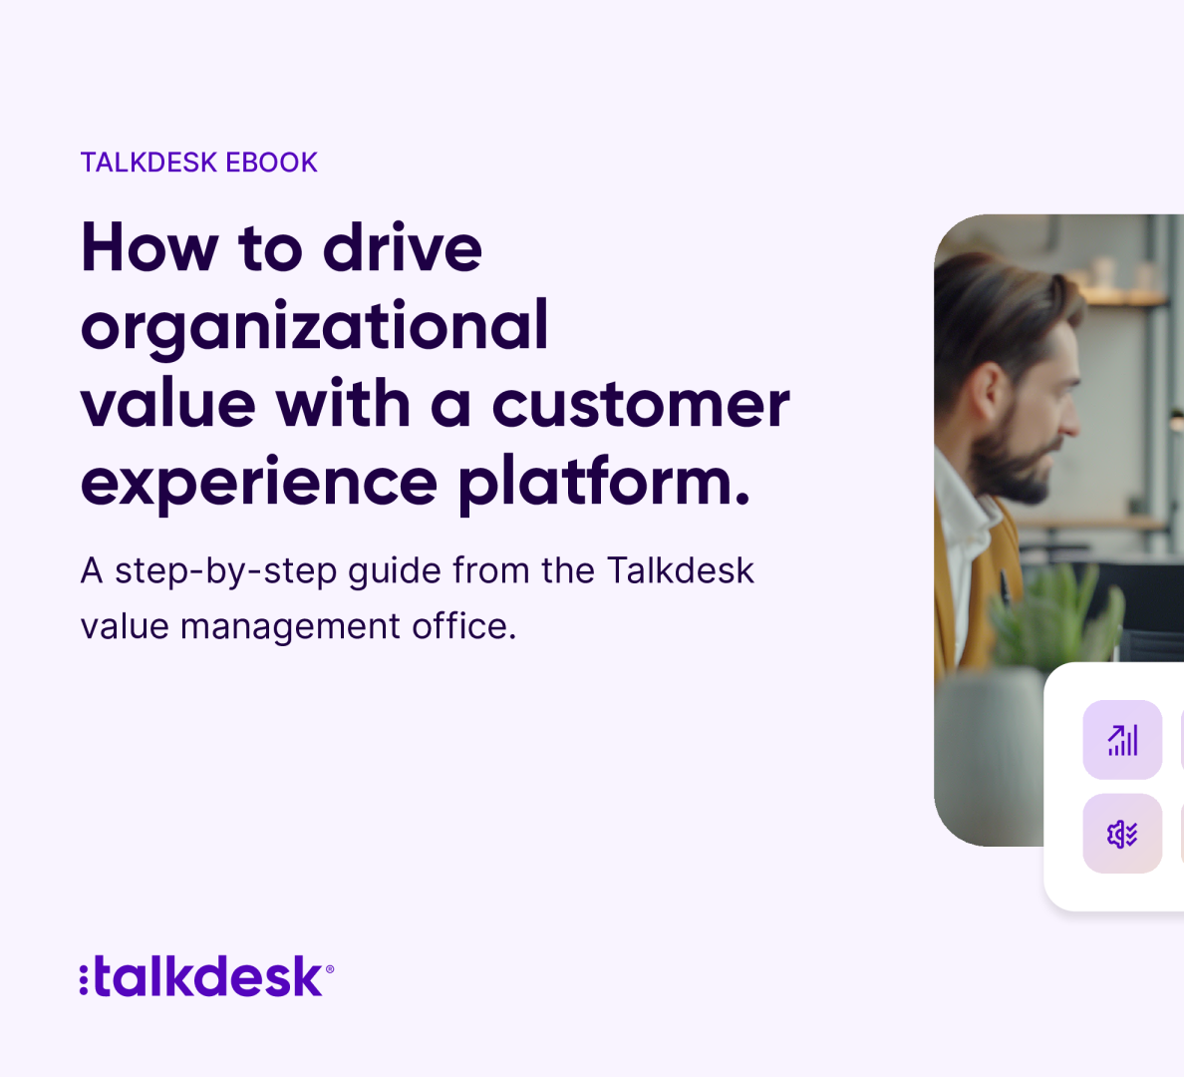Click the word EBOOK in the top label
coord(272,163)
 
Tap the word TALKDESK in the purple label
coord(148,163)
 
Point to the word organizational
coord(314,327)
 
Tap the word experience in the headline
coord(259,484)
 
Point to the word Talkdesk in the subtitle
coord(681,569)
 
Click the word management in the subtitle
coord(291,627)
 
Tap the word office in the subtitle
coord(463,625)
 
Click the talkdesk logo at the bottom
coord(207,976)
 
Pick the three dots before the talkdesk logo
coord(84,979)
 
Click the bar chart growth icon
coord(1122,740)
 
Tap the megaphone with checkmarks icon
coord(1122,834)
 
